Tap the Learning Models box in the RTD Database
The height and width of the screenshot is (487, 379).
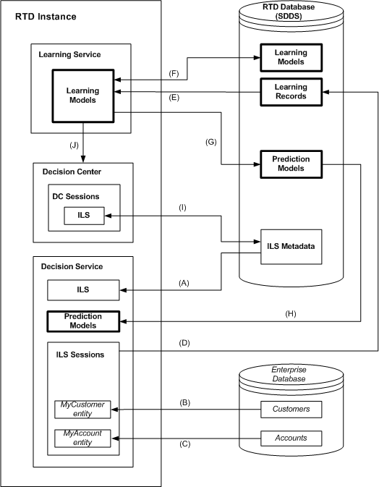coord(289,58)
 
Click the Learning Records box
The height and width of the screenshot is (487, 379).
coord(289,91)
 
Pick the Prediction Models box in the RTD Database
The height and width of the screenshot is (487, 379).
coord(289,163)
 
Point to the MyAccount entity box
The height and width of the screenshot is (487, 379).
coord(82,439)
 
